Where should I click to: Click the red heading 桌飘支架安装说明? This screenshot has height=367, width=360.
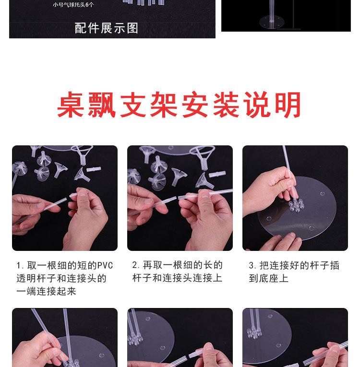[x=180, y=105]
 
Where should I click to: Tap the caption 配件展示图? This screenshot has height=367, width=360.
[x=107, y=28]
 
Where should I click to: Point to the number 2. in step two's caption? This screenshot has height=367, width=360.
[x=136, y=265]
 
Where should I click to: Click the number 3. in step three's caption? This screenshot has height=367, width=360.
[x=252, y=265]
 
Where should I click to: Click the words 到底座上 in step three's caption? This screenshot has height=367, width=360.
[x=269, y=278]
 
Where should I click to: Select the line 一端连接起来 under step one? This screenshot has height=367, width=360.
[x=46, y=291]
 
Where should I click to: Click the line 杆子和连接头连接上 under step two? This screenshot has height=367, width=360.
[x=177, y=278]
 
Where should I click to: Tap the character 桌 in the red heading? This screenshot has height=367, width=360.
[x=72, y=105]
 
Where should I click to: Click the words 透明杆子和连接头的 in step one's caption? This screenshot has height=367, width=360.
[x=61, y=278]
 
